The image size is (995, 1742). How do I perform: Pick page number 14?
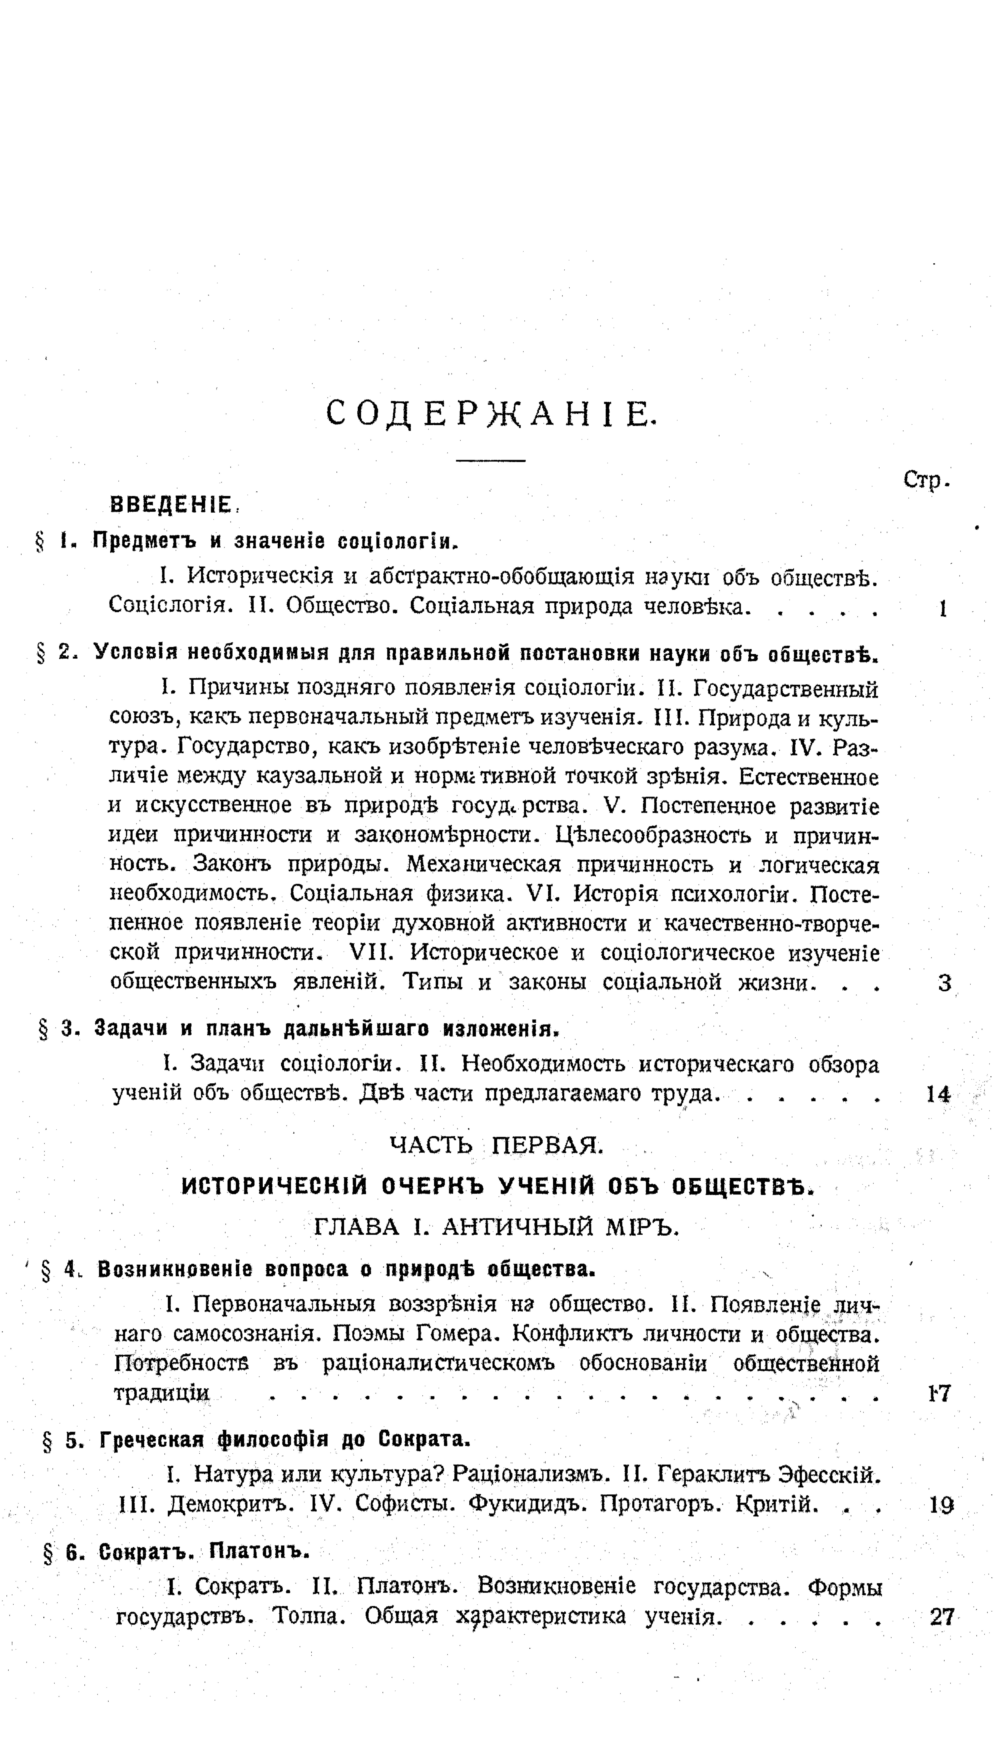938,1095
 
